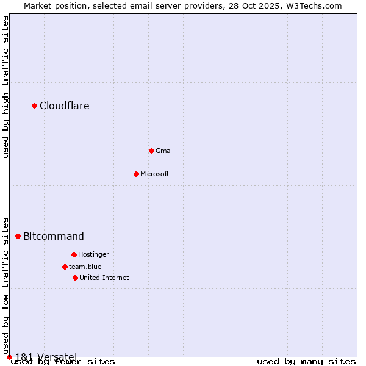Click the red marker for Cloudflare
(x=35, y=106)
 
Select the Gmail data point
(x=151, y=151)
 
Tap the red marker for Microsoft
(x=136, y=174)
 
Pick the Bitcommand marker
(x=18, y=236)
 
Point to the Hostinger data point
(x=74, y=254)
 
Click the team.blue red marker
(x=65, y=267)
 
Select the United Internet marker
(x=75, y=278)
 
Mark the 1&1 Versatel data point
(x=9, y=357)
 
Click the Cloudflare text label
(x=65, y=106)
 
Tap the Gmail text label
(x=165, y=151)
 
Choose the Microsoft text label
(x=155, y=174)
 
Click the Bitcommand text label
(x=54, y=237)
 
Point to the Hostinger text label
(x=93, y=254)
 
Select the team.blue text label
(x=85, y=267)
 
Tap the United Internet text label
(x=104, y=278)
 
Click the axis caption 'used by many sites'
(x=306, y=362)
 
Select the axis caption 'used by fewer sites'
(x=63, y=362)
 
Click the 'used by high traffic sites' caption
(x=6, y=87)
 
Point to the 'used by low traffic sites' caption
(x=6, y=286)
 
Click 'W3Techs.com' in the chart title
(x=316, y=5)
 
